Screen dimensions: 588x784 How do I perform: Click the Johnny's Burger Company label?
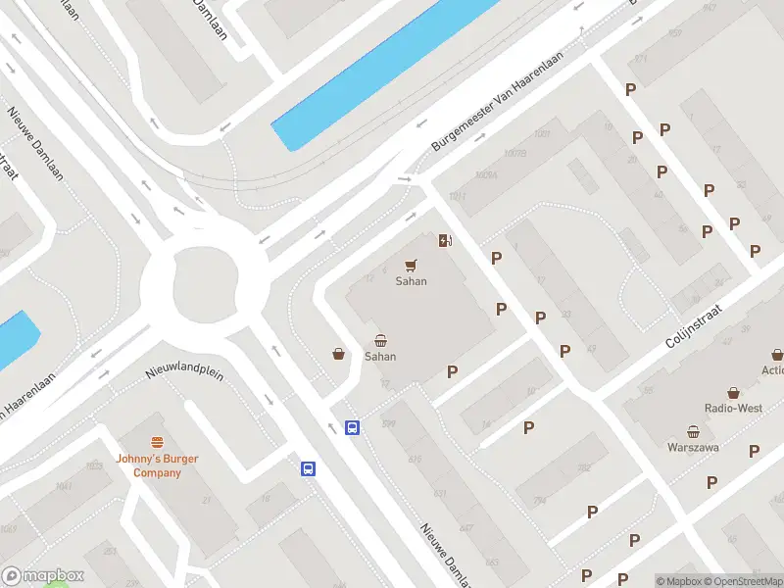(157, 465)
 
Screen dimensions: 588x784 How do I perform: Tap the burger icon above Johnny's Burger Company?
(157, 443)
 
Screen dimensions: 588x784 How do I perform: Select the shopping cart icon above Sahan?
(412, 265)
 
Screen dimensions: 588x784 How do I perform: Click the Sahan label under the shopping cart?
(411, 281)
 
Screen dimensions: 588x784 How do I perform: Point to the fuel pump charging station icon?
(445, 241)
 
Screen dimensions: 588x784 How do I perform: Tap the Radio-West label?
(733, 408)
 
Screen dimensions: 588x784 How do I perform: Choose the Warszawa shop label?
(694, 448)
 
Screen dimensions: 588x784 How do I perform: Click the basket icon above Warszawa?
(694, 431)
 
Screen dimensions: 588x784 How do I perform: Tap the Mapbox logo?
(43, 576)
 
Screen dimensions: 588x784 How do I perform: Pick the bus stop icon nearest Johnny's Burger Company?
(308, 468)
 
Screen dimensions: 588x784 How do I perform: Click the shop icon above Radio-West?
(733, 391)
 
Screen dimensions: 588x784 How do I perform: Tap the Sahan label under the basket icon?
(380, 357)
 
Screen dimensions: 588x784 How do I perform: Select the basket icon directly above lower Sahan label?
(380, 340)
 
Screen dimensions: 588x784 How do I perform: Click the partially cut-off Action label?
(772, 369)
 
